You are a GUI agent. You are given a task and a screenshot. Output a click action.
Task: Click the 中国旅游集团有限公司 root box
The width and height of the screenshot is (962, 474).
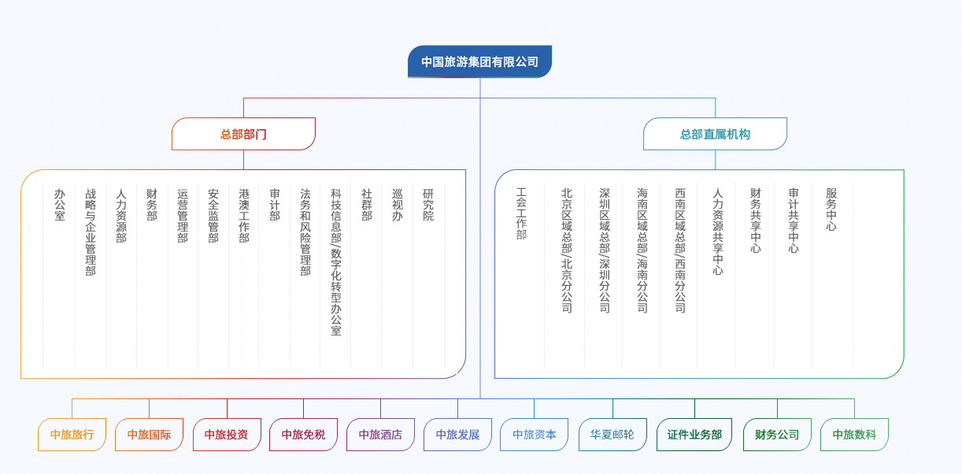[479, 61]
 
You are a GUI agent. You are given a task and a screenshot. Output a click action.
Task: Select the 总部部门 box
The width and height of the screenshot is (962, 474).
[243, 134]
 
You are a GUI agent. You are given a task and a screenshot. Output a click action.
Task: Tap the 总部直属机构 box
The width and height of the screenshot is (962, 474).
[715, 134]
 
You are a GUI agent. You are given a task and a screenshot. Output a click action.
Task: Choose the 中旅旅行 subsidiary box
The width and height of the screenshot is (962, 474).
[72, 435]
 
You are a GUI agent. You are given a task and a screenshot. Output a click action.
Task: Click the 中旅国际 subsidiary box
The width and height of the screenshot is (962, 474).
[149, 435]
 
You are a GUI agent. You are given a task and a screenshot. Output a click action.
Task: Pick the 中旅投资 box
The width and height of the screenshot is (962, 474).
[227, 435]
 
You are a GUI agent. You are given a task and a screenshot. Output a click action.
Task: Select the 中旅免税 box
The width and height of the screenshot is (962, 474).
[303, 435]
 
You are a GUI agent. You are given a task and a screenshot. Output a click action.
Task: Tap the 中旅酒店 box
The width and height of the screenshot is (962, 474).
[380, 435]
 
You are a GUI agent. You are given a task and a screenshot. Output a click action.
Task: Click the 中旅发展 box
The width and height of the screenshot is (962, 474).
[457, 435]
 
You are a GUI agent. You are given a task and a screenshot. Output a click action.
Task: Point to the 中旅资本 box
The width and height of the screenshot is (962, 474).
[534, 435]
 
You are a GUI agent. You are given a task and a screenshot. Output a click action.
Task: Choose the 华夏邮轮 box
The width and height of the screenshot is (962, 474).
[612, 435]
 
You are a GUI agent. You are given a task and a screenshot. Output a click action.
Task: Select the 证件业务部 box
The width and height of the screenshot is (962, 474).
[694, 435]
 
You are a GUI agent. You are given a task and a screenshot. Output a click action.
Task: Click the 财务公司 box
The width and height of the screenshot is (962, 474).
[777, 435]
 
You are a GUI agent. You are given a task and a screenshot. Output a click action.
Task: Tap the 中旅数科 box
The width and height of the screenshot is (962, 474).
[854, 435]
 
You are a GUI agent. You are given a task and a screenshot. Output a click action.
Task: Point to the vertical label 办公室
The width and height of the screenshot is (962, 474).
[60, 205]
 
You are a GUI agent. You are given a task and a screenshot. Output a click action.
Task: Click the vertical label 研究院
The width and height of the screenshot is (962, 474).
[428, 205]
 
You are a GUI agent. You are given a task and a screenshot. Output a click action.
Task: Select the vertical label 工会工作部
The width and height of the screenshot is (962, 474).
[521, 213]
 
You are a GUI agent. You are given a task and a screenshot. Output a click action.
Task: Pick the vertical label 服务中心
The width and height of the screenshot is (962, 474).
[831, 209]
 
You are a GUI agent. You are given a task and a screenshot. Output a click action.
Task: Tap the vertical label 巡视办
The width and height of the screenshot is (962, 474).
[398, 205]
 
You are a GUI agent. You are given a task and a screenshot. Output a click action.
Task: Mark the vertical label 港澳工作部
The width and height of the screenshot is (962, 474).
[244, 215]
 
